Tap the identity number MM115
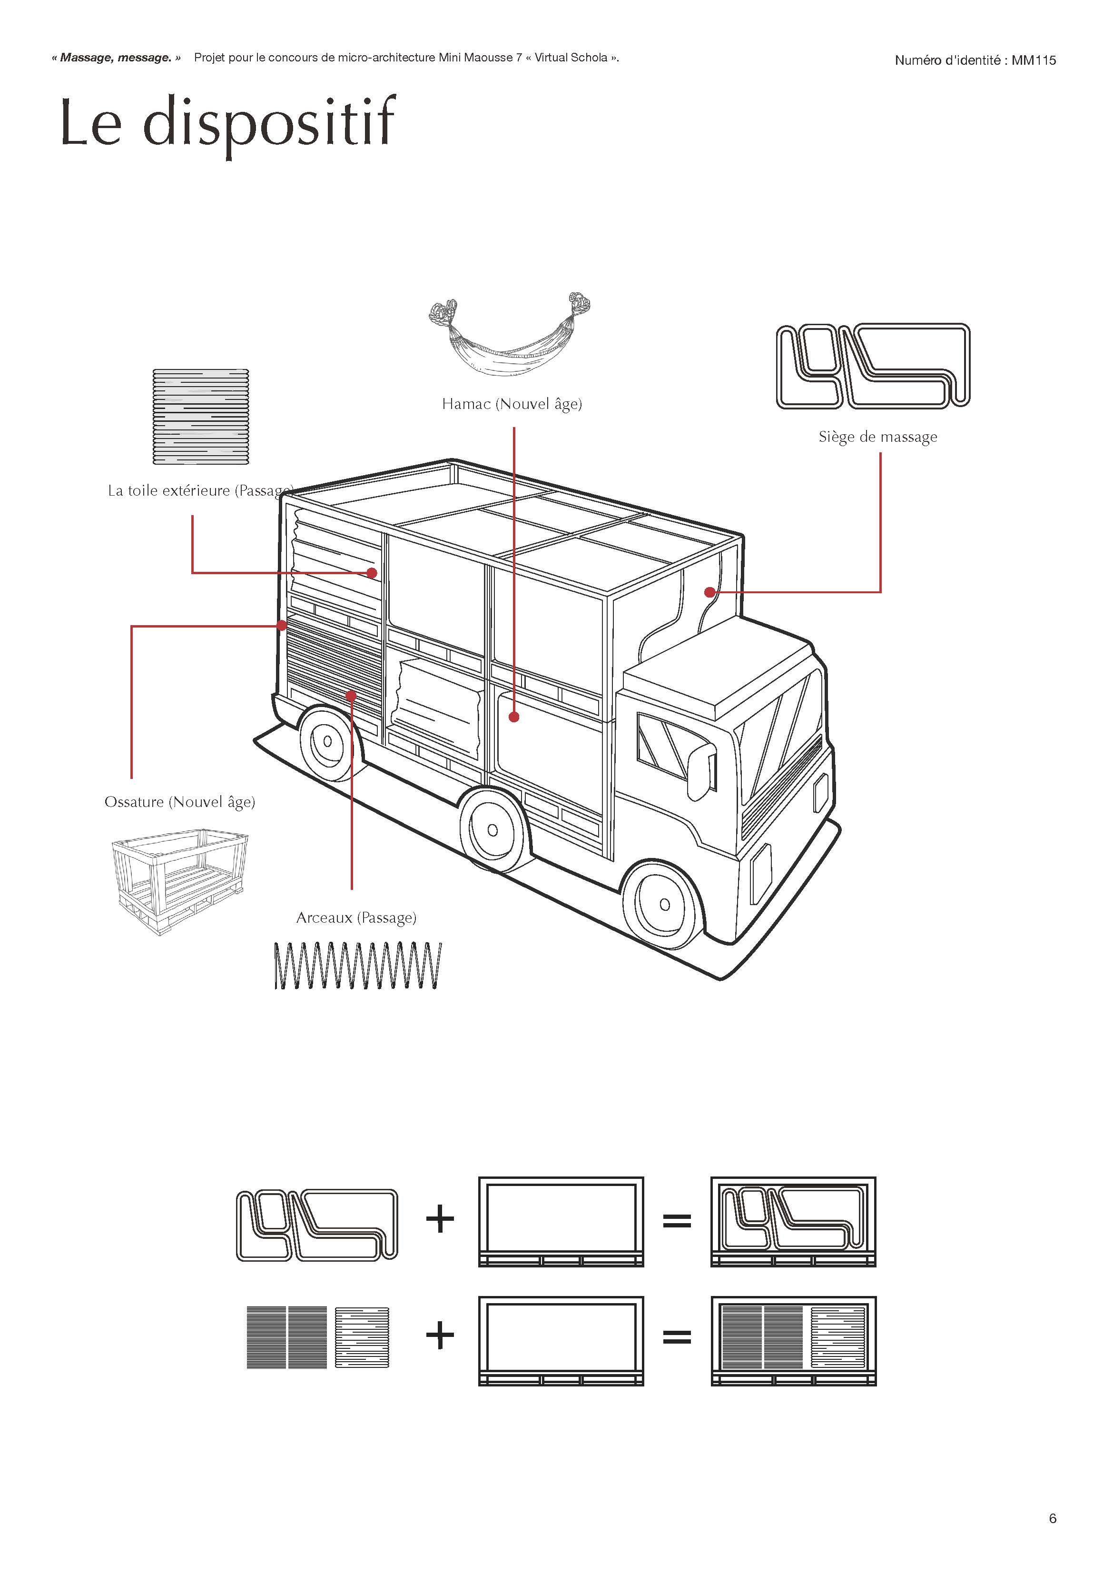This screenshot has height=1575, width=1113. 1034,60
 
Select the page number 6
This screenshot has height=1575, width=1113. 1053,1518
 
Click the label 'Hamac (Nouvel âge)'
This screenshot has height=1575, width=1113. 512,404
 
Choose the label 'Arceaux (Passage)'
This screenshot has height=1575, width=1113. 356,918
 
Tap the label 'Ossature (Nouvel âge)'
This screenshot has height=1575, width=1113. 180,802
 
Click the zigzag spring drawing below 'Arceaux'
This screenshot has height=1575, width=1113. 357,966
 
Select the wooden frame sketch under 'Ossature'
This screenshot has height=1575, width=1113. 179,881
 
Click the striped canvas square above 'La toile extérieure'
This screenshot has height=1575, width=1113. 201,417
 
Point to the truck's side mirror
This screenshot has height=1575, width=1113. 701,771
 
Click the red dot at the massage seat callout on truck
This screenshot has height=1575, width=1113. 710,592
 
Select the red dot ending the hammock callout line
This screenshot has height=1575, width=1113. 513,717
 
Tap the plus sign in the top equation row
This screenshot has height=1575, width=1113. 440,1220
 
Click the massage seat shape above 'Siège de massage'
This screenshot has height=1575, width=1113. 873,366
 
